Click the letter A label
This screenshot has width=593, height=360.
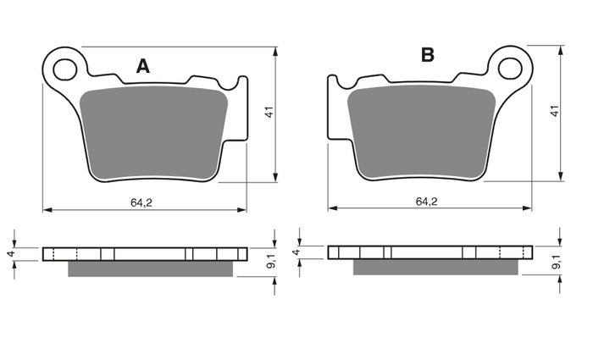(x=143, y=66)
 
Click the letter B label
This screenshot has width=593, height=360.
(x=428, y=55)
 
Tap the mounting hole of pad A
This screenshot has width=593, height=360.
(x=64, y=70)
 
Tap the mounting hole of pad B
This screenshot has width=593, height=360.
(x=510, y=69)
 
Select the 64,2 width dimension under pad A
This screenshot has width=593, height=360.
(x=141, y=202)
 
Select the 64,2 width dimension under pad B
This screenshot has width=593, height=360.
(x=427, y=202)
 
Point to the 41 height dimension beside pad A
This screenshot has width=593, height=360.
(x=269, y=113)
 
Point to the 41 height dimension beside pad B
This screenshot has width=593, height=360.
(x=554, y=111)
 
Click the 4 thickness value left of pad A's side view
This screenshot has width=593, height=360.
(x=11, y=254)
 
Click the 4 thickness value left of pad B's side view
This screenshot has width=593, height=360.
(x=296, y=252)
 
